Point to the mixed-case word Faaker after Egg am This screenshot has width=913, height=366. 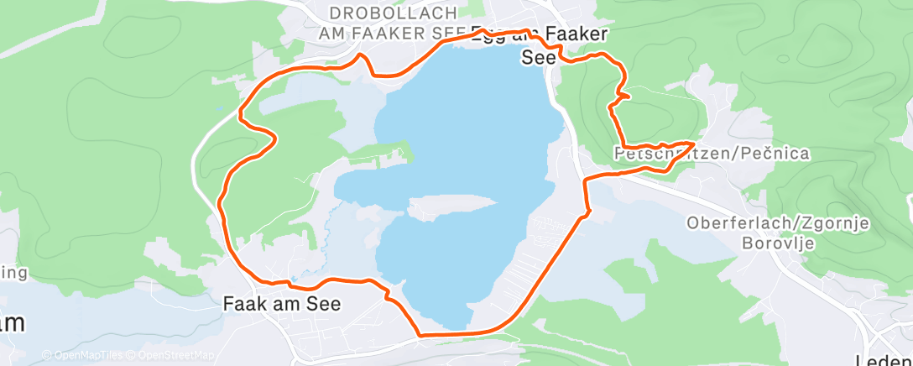point(576,34)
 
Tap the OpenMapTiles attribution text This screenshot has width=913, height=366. point(86,355)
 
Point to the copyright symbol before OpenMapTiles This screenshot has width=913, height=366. point(47,355)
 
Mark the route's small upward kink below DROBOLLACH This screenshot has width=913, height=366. point(362,56)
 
